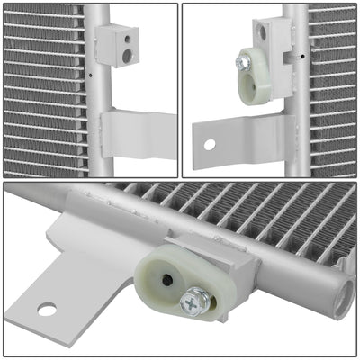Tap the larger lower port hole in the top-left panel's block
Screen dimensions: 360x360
[127, 55]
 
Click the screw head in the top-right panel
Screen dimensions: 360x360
[244, 61]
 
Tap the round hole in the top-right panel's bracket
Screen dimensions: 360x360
[209, 143]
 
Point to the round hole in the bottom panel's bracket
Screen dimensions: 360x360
[47, 310]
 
